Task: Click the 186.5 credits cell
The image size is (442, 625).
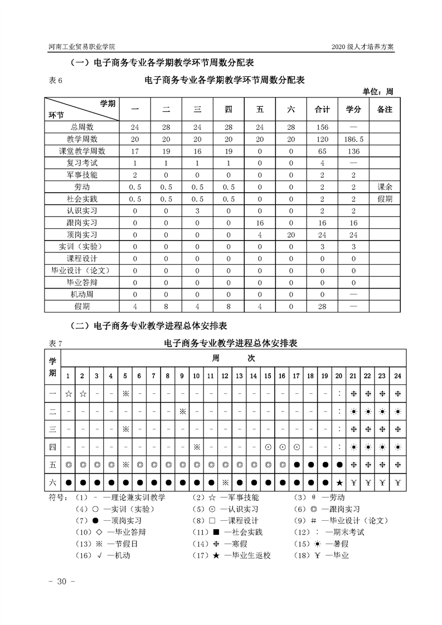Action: tap(354, 139)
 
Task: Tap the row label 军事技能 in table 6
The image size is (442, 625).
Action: tap(81, 175)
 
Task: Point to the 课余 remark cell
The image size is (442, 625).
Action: tap(385, 187)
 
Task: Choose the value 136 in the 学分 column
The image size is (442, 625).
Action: tap(354, 151)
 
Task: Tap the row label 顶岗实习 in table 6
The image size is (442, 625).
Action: tap(81, 234)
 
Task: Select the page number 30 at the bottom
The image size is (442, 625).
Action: tap(59, 582)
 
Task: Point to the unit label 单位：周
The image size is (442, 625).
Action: tap(378, 91)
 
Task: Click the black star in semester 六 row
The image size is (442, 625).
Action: tap(339, 482)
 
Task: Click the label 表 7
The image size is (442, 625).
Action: tap(55, 344)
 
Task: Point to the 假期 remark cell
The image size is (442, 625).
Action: tap(385, 198)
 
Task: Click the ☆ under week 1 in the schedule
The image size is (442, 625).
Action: tap(68, 394)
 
